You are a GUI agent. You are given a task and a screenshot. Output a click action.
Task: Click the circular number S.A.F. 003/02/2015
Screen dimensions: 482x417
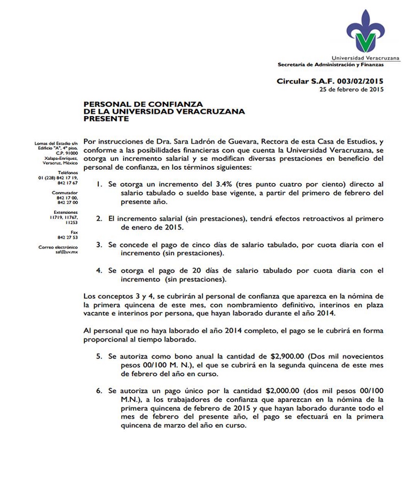tap(330, 81)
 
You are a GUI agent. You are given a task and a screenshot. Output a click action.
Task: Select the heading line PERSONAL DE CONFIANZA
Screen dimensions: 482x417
tap(143, 104)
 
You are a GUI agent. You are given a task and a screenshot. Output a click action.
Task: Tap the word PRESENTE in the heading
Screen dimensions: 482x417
tap(106, 119)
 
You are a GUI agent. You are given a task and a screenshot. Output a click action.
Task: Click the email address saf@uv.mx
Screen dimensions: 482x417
tap(69, 252)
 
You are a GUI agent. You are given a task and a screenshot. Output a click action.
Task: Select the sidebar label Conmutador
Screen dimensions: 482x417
tap(65, 193)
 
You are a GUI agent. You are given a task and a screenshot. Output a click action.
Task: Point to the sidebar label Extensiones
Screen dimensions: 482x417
tap(66, 213)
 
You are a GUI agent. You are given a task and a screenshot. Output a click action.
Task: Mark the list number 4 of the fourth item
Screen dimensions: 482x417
tap(98, 271)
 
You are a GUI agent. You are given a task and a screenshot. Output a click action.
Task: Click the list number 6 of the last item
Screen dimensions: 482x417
tap(98, 391)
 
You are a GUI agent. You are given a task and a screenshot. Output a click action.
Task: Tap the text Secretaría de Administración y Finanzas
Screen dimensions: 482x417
tap(330, 65)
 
